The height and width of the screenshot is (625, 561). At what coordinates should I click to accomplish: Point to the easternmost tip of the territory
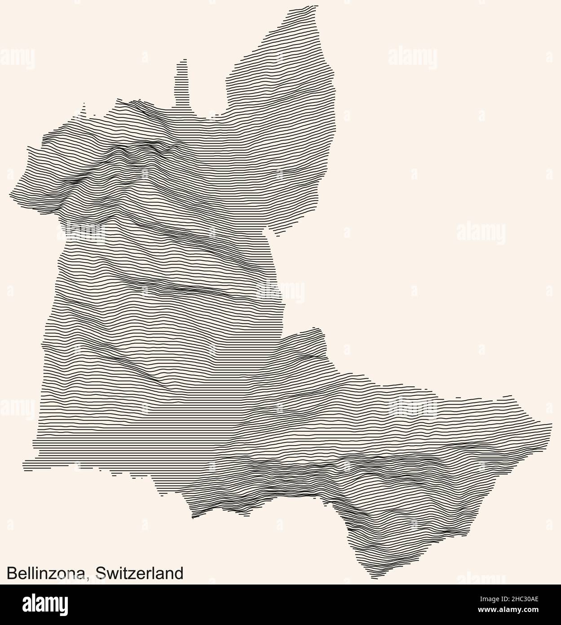[x=551, y=424]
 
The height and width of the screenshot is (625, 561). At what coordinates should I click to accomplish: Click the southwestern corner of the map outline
[x=25, y=462]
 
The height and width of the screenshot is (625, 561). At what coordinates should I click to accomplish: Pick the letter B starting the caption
[x=11, y=573]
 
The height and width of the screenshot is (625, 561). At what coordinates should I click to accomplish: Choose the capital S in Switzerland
[x=101, y=573]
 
